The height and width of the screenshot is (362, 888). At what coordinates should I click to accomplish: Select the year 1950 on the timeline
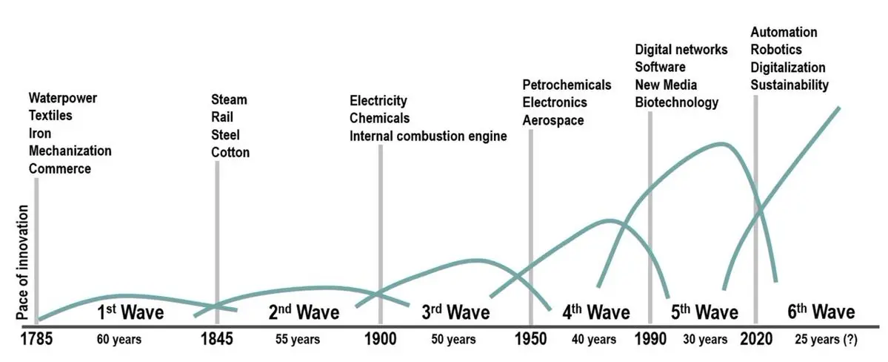point(530,340)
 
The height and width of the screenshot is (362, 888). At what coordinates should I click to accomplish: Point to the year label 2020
point(755,340)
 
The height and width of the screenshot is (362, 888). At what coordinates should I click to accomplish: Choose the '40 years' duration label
point(593,340)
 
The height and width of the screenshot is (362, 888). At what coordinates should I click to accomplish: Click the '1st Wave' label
point(131,312)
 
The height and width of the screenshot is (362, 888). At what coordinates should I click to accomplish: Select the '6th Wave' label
point(820,312)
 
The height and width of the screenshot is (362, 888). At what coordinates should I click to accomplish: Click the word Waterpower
point(63,98)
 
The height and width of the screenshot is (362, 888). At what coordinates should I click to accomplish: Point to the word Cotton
point(230,153)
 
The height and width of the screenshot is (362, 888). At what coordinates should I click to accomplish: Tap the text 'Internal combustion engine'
point(428,136)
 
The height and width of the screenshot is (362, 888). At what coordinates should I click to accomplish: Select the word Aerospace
point(553,120)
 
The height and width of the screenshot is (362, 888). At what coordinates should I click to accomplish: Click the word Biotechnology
point(677,102)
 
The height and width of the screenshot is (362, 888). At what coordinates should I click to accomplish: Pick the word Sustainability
point(789,85)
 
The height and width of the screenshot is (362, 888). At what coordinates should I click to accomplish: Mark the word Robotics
point(776,50)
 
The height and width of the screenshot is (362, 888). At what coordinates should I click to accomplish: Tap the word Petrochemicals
point(567,85)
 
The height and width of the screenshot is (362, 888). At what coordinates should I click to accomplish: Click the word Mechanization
point(70,151)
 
